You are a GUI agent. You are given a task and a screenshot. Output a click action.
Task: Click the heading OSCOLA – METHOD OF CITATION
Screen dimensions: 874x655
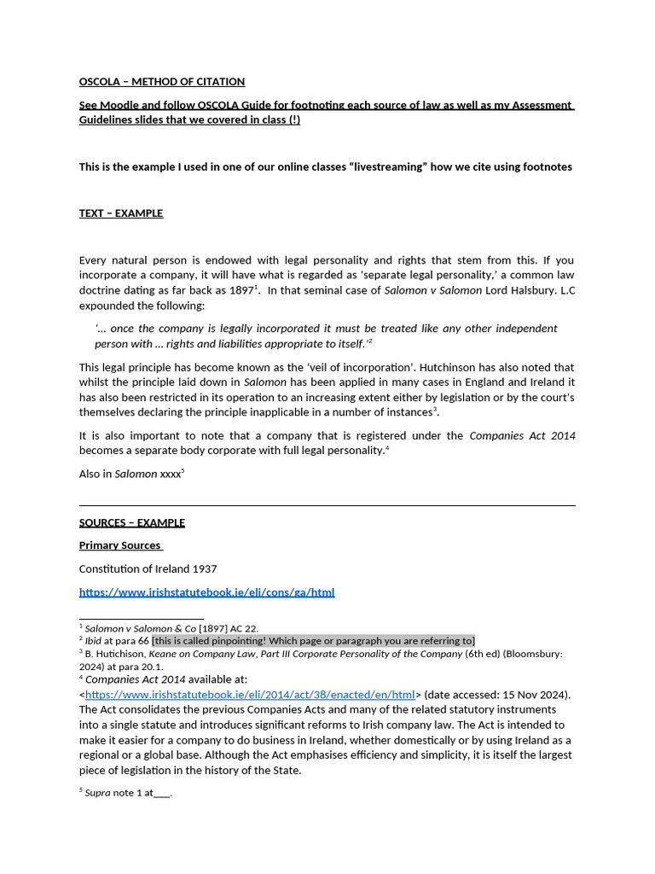tap(162, 82)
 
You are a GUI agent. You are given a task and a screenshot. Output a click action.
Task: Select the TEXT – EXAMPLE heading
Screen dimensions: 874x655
tap(121, 213)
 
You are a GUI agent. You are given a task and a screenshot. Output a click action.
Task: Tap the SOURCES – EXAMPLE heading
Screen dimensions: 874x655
tap(132, 522)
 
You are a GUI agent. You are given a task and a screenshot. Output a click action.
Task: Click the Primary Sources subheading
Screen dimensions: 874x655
tap(120, 545)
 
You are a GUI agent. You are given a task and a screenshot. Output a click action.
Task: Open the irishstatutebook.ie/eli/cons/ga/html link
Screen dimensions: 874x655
tap(206, 592)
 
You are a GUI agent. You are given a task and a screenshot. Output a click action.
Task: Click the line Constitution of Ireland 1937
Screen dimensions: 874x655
tap(148, 568)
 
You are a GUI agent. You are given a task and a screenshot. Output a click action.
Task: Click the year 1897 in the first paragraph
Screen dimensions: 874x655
tap(239, 290)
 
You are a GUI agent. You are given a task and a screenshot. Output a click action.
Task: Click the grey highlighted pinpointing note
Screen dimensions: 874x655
tap(313, 641)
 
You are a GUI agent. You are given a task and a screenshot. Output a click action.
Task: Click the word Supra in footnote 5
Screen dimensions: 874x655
tap(98, 793)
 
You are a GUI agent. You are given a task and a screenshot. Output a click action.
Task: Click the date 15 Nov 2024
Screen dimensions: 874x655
tap(531, 695)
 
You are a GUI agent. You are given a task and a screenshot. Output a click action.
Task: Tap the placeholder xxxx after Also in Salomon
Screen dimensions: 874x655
tap(171, 474)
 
